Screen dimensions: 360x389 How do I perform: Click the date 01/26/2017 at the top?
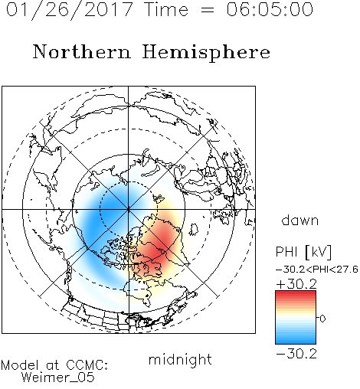(70, 10)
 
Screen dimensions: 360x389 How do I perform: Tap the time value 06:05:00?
(270, 9)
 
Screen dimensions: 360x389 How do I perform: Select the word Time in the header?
(166, 9)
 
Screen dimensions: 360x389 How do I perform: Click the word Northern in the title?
(82, 52)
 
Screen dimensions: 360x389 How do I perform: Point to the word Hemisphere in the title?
(206, 53)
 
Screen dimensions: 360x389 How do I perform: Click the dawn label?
(300, 221)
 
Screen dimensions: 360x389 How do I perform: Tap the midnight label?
(180, 359)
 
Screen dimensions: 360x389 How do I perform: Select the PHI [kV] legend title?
(303, 252)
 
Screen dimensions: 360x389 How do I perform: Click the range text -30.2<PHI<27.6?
(317, 270)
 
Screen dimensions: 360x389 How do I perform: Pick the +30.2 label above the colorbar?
(296, 284)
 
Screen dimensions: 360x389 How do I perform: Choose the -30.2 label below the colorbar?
(296, 354)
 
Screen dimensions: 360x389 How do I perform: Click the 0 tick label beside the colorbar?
(322, 319)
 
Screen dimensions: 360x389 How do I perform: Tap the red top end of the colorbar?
(296, 293)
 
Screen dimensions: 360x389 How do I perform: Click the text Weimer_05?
(58, 378)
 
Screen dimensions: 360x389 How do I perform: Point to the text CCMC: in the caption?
(87, 365)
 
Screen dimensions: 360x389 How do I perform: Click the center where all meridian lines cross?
(129, 210)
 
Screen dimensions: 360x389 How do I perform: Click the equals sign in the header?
(208, 10)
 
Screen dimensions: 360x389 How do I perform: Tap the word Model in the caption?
(20, 365)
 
